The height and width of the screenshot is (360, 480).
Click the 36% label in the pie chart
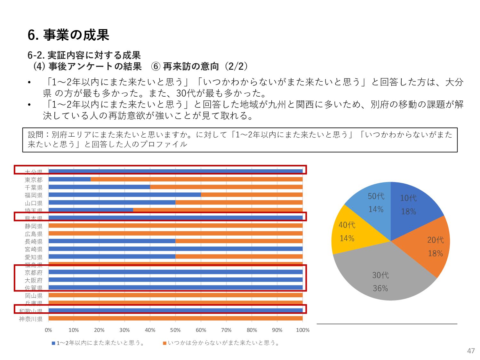(380, 288)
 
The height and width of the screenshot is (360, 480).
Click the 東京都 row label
(34, 180)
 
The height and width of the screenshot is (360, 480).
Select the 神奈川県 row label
(31, 319)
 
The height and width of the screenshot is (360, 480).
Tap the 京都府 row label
(34, 273)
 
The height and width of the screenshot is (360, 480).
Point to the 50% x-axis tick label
(175, 330)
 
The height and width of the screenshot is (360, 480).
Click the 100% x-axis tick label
(302, 330)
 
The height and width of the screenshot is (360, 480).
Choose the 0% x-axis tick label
(48, 330)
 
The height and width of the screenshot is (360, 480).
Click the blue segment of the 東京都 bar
(69, 179)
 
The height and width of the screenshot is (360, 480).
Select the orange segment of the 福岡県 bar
(252, 195)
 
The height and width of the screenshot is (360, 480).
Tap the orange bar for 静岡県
(175, 226)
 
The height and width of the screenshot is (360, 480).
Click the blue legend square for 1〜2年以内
(53, 343)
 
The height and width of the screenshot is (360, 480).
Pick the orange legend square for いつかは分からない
(164, 343)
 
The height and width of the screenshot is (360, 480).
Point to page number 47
(471, 351)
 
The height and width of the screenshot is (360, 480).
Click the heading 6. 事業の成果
(68, 35)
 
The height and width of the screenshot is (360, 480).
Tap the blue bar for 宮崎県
(175, 249)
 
